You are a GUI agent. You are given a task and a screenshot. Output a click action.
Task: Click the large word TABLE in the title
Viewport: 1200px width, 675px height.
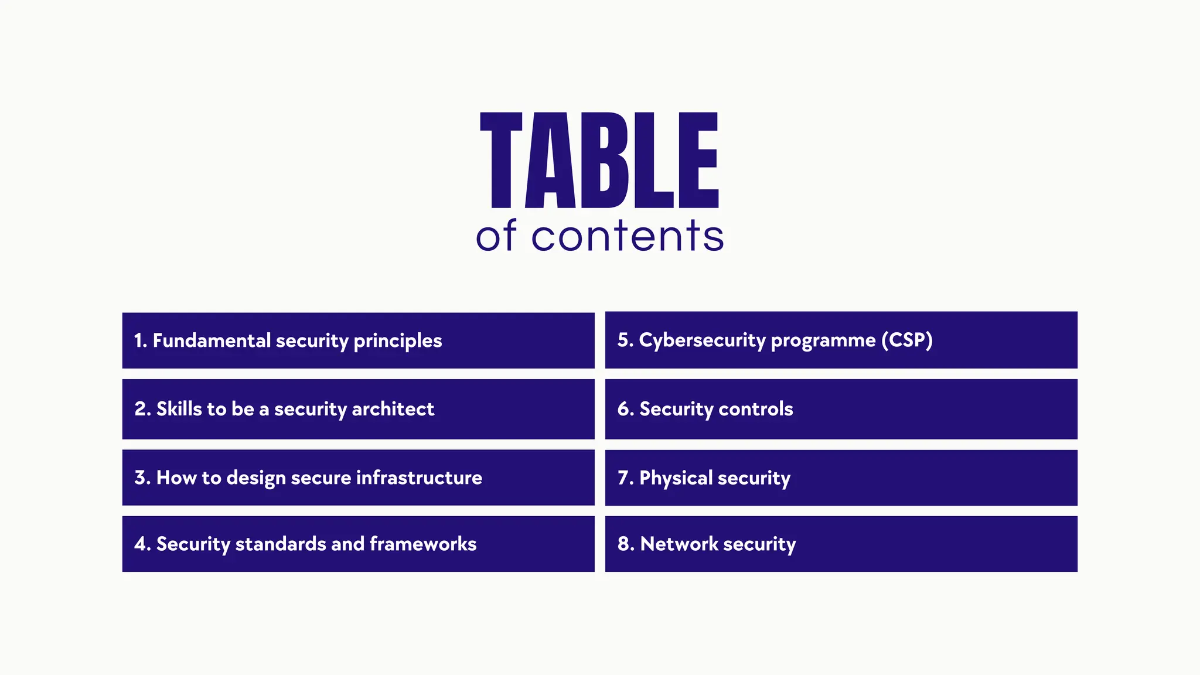[599, 160]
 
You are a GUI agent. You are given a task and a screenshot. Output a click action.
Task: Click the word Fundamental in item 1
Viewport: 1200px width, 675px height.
[212, 340]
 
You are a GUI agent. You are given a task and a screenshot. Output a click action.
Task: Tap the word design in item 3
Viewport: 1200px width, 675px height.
[256, 478]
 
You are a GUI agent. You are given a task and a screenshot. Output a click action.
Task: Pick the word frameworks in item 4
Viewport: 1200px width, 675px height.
[423, 544]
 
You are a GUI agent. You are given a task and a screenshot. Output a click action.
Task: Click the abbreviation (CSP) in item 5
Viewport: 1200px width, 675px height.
[907, 340]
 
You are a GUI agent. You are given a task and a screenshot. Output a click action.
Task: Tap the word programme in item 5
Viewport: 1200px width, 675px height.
[823, 340]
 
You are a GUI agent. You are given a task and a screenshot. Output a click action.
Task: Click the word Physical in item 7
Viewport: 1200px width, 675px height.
[676, 478]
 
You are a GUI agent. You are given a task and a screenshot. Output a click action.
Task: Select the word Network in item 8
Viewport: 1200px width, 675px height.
[679, 544]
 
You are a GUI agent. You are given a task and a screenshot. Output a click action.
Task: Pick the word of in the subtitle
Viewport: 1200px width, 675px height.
[496, 236]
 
